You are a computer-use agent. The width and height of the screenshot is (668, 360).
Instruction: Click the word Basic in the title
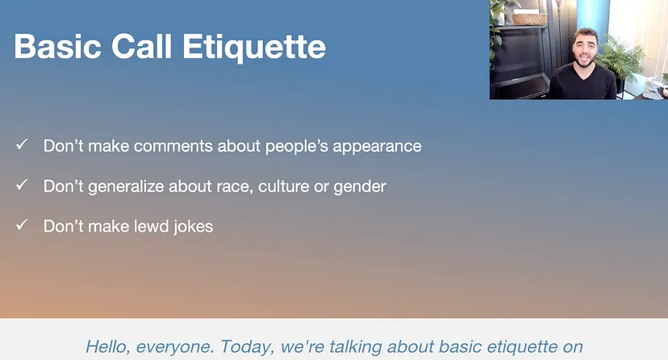pos(57,46)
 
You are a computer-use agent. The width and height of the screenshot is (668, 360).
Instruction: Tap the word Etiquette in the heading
pos(254,48)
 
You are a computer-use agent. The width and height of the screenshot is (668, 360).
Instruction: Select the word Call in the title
pos(141,46)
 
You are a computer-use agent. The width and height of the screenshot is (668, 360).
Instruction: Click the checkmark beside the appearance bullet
pos(22,144)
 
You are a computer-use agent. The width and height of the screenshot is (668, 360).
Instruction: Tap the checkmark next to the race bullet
pos(22,185)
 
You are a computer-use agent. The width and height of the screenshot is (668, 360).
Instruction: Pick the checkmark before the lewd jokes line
pos(22,224)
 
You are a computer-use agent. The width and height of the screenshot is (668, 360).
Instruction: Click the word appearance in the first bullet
pos(377,147)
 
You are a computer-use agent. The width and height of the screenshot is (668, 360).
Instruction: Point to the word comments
pos(173,146)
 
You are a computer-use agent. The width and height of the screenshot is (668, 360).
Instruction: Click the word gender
pos(360,187)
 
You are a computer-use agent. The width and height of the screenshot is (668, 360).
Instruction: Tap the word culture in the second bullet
pos(283,186)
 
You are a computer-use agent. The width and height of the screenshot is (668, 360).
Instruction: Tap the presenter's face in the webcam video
pos(583,48)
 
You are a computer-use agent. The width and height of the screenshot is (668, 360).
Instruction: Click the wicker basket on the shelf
pos(529,19)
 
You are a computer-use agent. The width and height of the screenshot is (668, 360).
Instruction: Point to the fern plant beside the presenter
pos(622,60)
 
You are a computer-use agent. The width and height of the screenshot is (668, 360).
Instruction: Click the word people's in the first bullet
pos(297,147)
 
